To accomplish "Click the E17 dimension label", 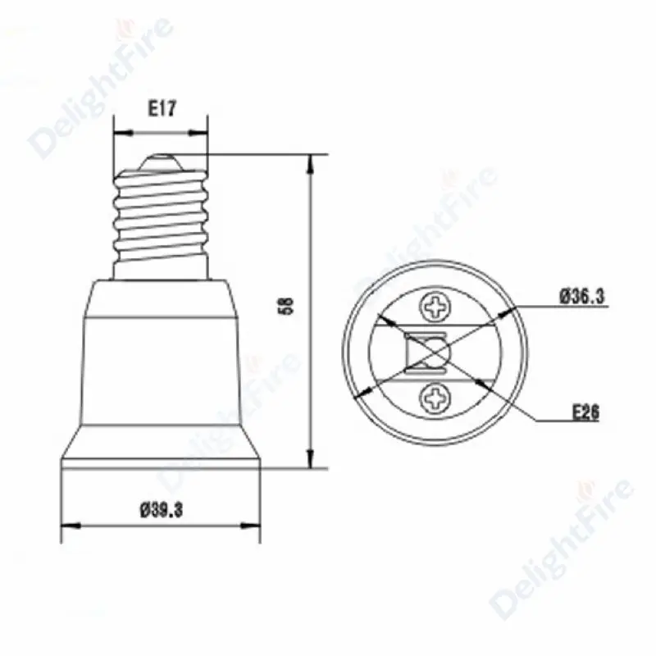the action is click(x=162, y=109).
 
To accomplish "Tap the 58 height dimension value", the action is click(x=289, y=306).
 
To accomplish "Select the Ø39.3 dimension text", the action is click(x=162, y=510).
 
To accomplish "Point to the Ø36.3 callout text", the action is click(x=582, y=297).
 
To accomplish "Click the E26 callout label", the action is click(x=585, y=412).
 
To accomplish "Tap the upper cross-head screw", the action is click(x=435, y=307).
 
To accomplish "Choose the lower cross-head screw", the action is click(x=435, y=398).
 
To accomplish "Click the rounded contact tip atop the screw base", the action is click(x=161, y=162).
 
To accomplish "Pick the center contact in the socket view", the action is click(x=426, y=353).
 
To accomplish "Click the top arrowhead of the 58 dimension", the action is click(x=310, y=163).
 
